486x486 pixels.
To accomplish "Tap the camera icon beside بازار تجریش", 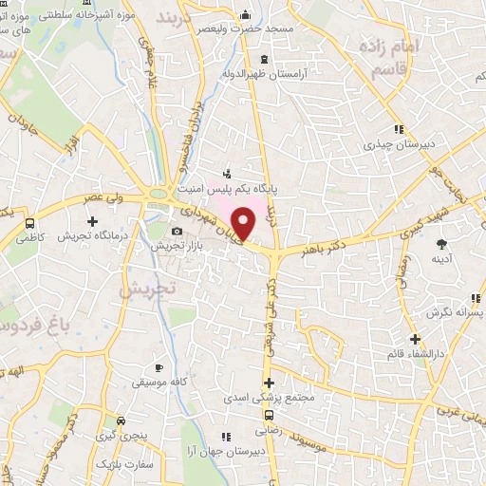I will (x=177, y=232).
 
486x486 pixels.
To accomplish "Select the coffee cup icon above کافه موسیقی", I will (x=159, y=367).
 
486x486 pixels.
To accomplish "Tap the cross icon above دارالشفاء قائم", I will (x=415, y=339).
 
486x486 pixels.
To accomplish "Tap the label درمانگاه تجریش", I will (x=92, y=235).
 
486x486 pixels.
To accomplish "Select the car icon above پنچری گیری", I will (x=120, y=421).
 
